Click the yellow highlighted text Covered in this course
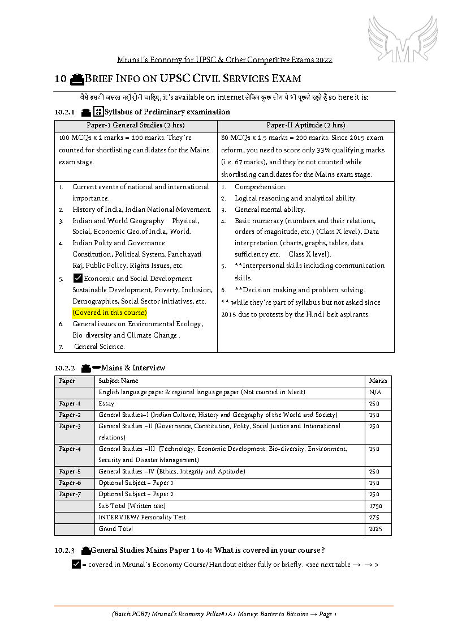(x=109, y=313)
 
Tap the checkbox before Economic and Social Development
(x=78, y=278)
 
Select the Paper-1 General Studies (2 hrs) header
(x=136, y=125)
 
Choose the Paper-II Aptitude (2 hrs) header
(x=305, y=125)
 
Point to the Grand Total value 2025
(x=375, y=529)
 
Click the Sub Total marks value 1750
(x=375, y=506)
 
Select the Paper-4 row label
(x=70, y=449)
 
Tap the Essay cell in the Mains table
(x=106, y=404)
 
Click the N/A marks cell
(x=375, y=392)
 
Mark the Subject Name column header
(x=118, y=381)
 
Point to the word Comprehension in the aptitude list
(x=261, y=187)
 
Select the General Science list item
(x=100, y=347)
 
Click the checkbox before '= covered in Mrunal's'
(x=77, y=565)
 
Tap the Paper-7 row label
(x=70, y=494)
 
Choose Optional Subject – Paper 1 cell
(x=136, y=483)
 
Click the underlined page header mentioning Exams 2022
(x=225, y=59)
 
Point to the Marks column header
(x=378, y=381)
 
